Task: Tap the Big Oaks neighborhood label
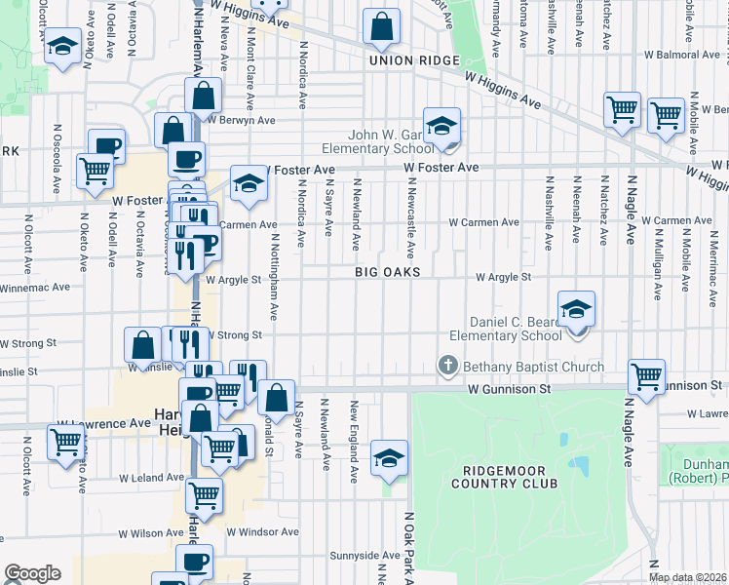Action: [387, 273]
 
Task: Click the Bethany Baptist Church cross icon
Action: [448, 366]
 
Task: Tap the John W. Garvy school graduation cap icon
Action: [441, 126]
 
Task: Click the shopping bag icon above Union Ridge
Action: [381, 26]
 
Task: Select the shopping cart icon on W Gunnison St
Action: [647, 375]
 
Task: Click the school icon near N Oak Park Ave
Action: [389, 457]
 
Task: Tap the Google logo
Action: [32, 573]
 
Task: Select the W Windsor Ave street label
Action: [259, 532]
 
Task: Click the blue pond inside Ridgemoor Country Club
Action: [579, 464]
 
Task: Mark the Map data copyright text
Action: [688, 577]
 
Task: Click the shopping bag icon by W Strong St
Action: [143, 344]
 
